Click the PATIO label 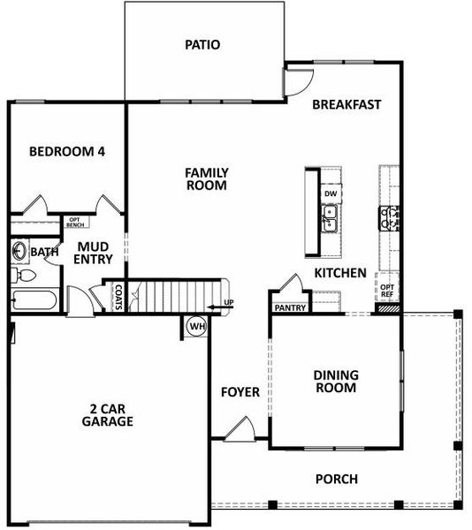click(202, 44)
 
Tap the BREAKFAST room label click(347, 104)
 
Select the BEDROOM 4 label click(67, 152)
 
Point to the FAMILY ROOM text click(206, 179)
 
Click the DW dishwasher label click(331, 193)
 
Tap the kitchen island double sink click(331, 218)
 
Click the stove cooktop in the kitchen click(390, 217)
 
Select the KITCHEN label click(340, 274)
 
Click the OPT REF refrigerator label click(386, 291)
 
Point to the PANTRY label click(290, 308)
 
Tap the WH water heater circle click(195, 326)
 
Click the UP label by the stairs click(229, 305)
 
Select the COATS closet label click(118, 297)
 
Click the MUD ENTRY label click(93, 253)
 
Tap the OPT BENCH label click(75, 223)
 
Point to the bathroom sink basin click(19, 252)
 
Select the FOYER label click(240, 391)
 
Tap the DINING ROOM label click(335, 381)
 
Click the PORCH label click(337, 480)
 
